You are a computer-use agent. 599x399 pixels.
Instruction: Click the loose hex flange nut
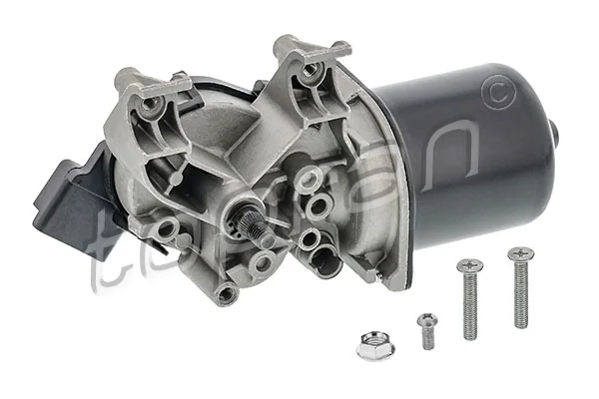[375, 345]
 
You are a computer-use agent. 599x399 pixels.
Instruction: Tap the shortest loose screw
[427, 330]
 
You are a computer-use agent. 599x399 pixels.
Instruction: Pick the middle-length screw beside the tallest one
[469, 298]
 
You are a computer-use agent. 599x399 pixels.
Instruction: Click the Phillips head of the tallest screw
[520, 253]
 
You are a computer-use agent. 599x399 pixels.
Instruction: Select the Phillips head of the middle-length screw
[469, 266]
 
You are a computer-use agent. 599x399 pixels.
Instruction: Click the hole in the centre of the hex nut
[375, 344]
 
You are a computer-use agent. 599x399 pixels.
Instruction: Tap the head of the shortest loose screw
[427, 320]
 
